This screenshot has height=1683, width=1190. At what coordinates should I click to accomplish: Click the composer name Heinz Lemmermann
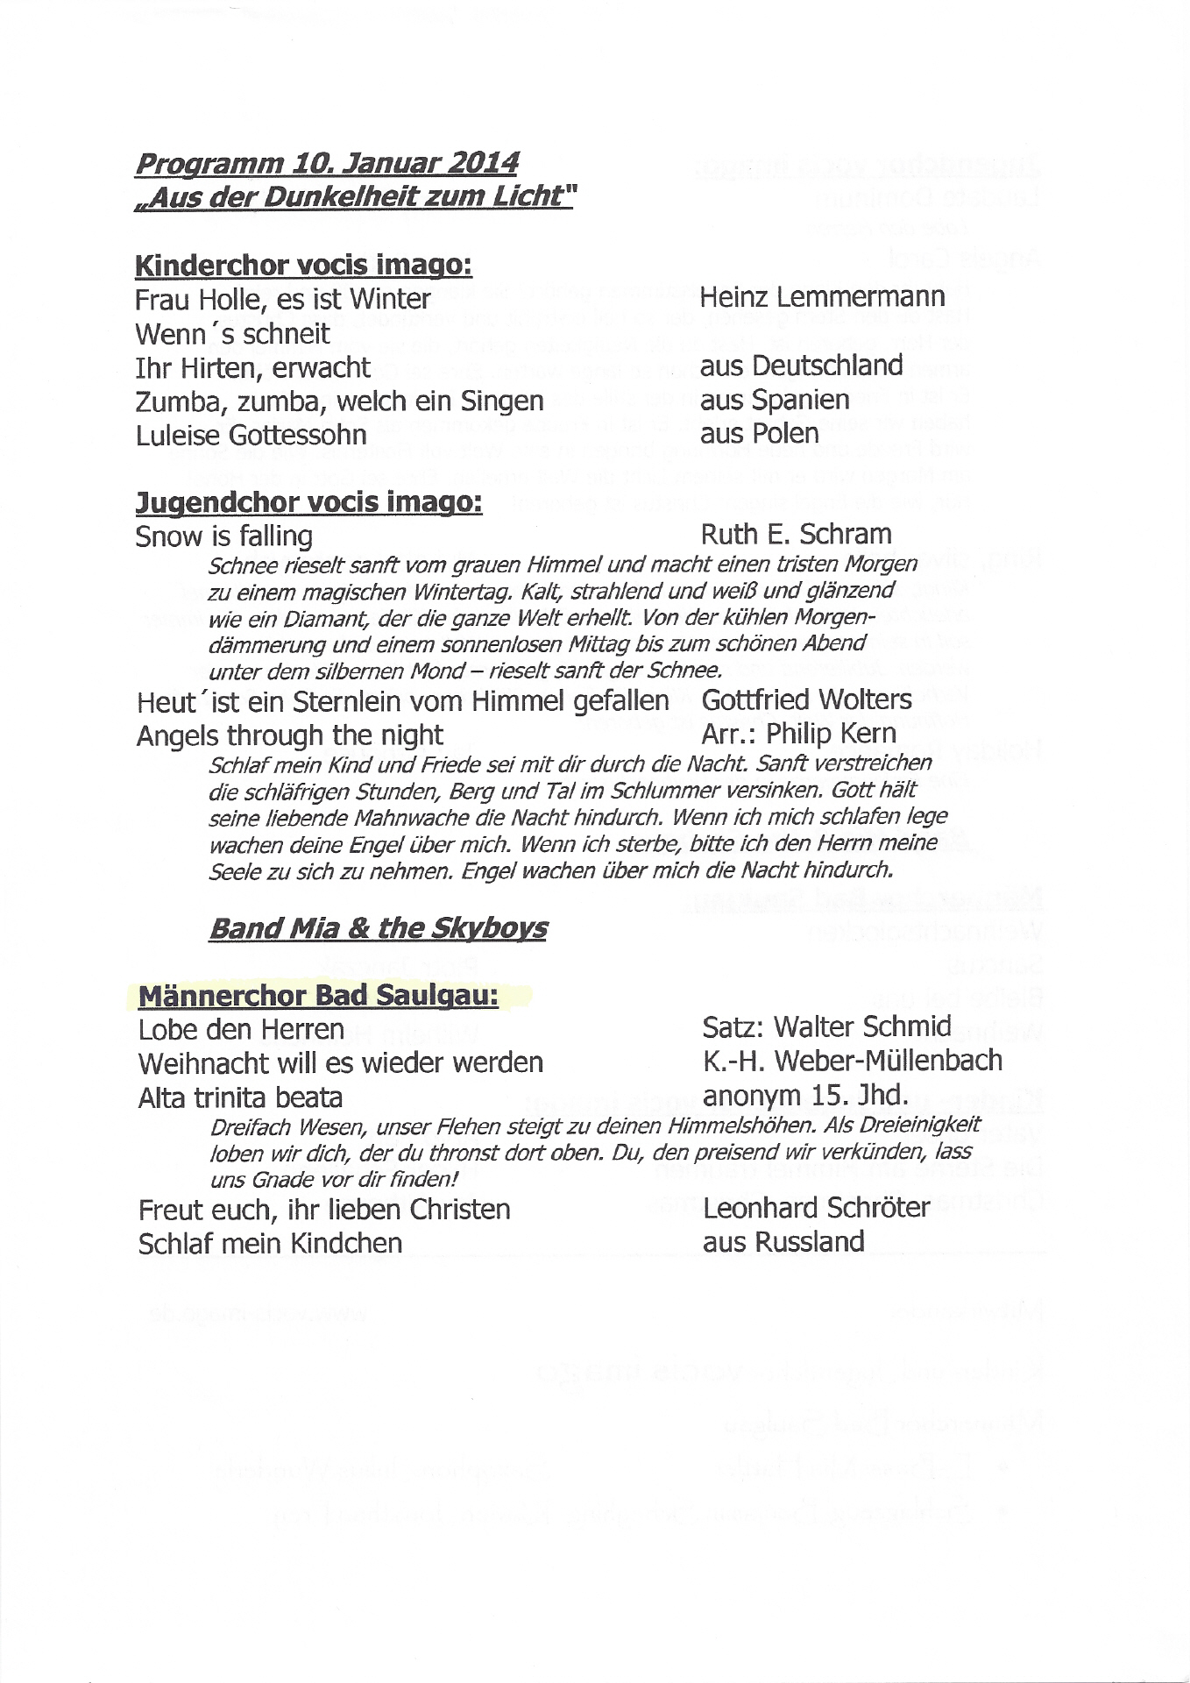point(822,297)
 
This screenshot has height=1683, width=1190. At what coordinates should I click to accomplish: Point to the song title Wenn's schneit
point(233,333)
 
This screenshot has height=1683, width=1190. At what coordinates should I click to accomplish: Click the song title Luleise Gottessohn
point(251,434)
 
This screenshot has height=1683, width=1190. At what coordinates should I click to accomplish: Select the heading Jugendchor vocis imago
point(308,503)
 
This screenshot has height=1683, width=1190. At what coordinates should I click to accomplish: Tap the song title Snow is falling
point(223,536)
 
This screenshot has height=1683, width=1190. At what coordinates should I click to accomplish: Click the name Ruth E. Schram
point(796,534)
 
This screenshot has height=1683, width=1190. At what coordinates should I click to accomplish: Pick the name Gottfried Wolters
point(807,699)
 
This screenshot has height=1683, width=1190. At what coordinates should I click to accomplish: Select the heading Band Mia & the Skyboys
point(377,928)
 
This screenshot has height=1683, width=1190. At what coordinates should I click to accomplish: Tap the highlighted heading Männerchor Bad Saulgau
point(318,997)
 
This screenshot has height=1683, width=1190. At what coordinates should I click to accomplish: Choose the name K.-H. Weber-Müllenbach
point(852,1061)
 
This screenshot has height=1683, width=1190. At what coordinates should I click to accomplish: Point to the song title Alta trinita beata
point(240,1097)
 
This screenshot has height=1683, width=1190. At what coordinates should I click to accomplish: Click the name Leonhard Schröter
point(816,1208)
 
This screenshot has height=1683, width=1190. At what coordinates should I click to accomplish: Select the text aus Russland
point(783,1242)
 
